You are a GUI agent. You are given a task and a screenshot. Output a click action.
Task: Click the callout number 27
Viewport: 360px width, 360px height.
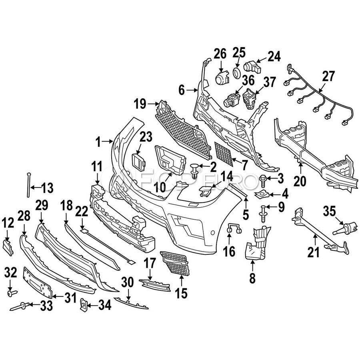(x=328, y=77)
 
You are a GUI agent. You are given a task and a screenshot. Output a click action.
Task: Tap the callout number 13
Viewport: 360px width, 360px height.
(x=48, y=188)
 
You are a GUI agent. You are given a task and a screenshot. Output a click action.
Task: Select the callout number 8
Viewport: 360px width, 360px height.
(x=252, y=278)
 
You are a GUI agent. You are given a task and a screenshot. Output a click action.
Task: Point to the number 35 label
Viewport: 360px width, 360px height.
(x=330, y=211)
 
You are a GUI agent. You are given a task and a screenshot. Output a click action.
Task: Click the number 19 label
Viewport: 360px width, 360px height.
(x=140, y=104)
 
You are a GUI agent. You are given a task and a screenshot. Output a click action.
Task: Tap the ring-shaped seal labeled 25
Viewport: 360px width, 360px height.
(x=236, y=72)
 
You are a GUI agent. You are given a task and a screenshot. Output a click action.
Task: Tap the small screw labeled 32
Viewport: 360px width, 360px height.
(x=12, y=293)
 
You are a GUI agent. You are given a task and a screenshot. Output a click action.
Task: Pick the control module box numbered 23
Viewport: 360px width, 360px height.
(x=139, y=162)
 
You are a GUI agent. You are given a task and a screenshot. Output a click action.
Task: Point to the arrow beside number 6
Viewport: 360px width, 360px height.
(x=192, y=91)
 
